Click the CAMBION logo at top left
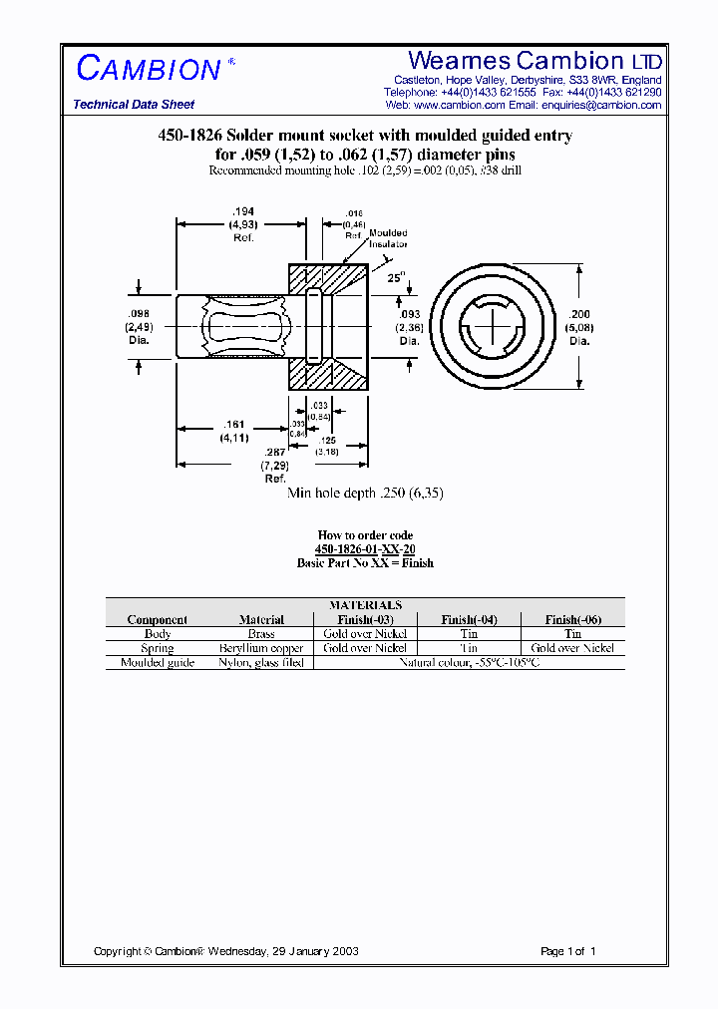[x=150, y=69]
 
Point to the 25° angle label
[x=397, y=278]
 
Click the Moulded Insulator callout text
[x=388, y=238]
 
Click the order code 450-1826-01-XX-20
[x=365, y=549]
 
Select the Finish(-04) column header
[x=469, y=619]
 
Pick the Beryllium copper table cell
[x=261, y=648]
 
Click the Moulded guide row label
[x=158, y=662]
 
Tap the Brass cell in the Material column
[x=261, y=633]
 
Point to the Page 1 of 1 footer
[x=567, y=951]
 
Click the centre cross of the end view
[x=493, y=323]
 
